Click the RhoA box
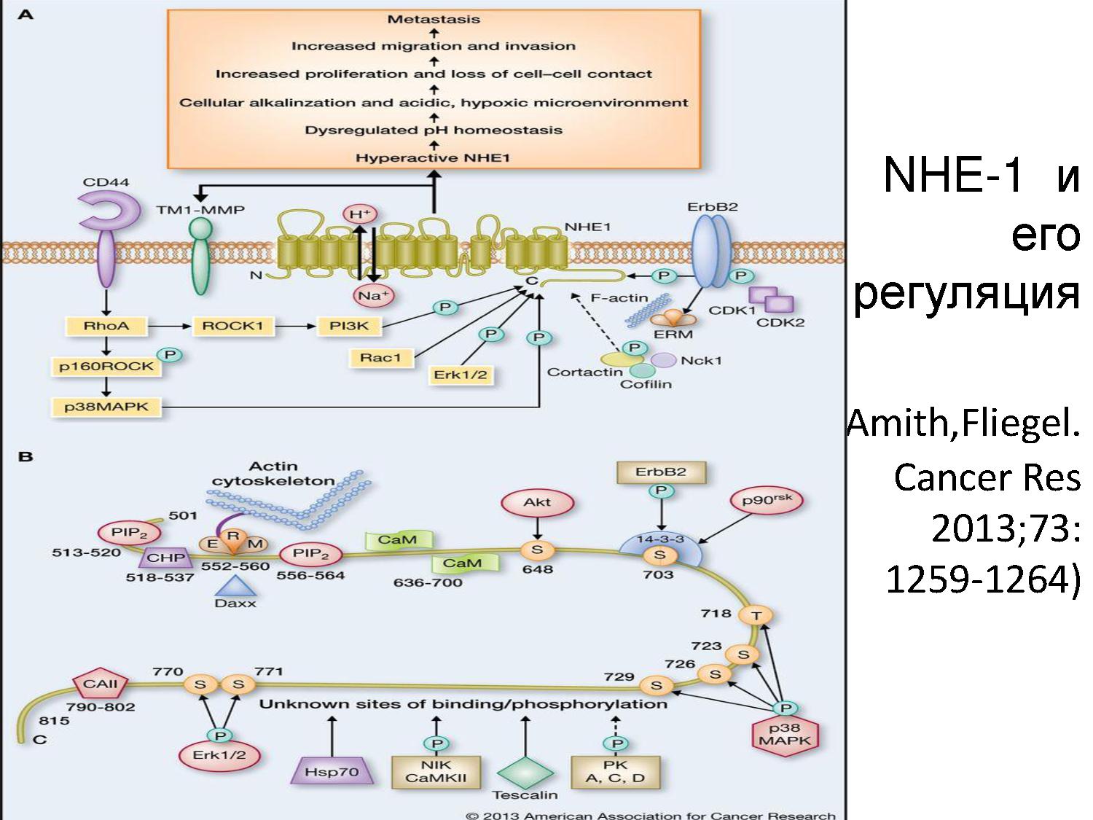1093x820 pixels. click(106, 326)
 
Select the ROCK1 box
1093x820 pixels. click(232, 326)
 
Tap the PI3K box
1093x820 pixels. click(349, 326)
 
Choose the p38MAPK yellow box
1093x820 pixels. click(106, 407)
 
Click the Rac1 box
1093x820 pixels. click(380, 357)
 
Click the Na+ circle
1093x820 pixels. click(372, 295)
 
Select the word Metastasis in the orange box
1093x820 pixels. click(434, 19)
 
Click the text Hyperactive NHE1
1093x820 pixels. click(433, 157)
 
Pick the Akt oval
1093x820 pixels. click(537, 502)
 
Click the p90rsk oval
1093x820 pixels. click(766, 501)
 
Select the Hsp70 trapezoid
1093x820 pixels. click(332, 771)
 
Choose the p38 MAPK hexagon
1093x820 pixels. click(784, 734)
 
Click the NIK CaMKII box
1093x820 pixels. click(436, 771)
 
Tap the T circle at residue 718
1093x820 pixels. click(756, 616)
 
